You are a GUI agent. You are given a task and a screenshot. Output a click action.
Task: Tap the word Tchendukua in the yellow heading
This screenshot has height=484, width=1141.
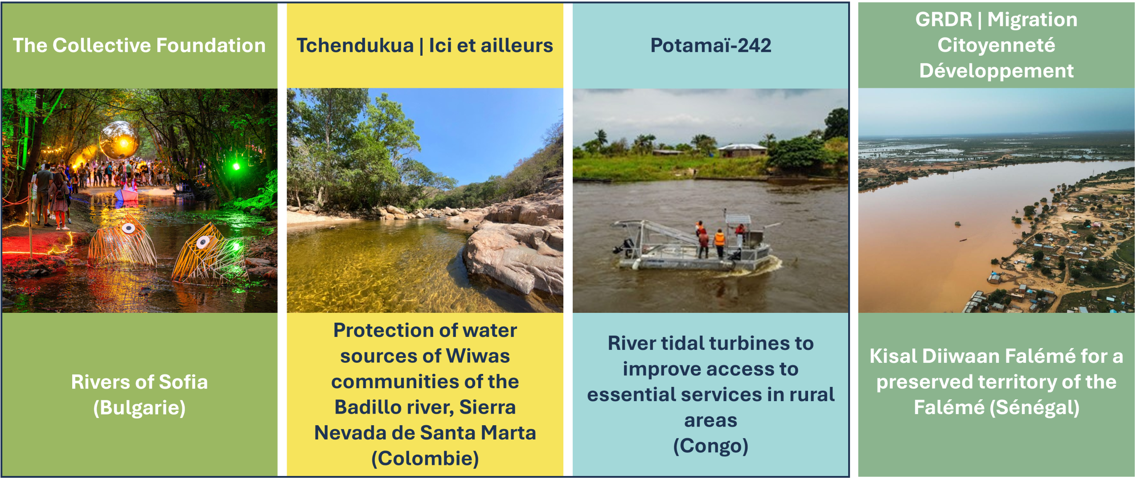(355, 45)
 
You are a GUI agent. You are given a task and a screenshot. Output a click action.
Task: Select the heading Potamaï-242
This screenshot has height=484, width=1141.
(710, 45)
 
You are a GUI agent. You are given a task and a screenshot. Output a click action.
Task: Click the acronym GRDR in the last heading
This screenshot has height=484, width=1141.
(944, 20)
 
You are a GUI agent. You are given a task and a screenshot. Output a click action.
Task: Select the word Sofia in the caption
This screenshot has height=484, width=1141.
(183, 382)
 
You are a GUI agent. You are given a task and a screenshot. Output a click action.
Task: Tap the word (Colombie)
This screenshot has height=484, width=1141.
(425, 459)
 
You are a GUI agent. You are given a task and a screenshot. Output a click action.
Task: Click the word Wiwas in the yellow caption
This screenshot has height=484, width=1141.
(478, 357)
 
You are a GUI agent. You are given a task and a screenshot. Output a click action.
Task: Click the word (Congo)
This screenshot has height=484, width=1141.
(710, 446)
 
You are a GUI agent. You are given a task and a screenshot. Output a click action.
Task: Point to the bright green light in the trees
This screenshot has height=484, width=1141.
(236, 167)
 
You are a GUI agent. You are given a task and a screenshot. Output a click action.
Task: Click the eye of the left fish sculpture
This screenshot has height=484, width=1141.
(129, 228)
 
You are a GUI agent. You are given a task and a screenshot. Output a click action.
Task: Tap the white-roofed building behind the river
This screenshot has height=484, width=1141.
(742, 150)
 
